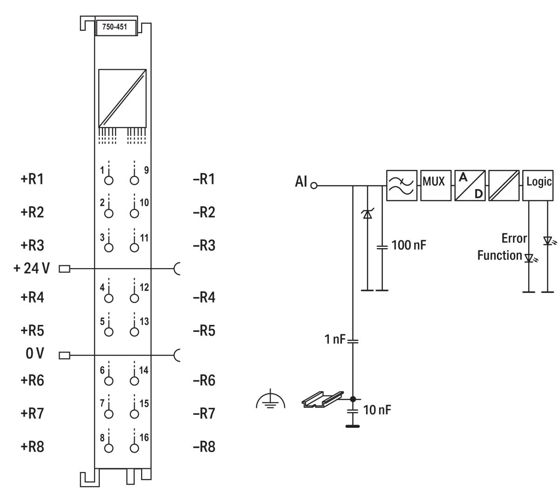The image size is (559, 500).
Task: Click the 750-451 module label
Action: (x=115, y=27)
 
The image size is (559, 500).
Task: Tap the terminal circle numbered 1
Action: (x=109, y=181)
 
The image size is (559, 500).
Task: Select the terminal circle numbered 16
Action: (x=135, y=448)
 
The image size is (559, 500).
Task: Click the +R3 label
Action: (x=32, y=245)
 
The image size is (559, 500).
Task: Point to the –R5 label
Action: (x=204, y=331)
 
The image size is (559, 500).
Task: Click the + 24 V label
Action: (x=31, y=269)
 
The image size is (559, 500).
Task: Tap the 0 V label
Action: (x=35, y=354)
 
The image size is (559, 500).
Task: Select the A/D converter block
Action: (x=470, y=185)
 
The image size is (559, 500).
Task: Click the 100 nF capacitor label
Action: (x=409, y=245)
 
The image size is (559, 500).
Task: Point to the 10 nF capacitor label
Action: (x=376, y=410)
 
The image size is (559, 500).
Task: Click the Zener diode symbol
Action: (x=367, y=215)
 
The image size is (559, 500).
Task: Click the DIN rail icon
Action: (x=322, y=399)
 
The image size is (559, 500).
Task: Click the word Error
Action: (x=514, y=238)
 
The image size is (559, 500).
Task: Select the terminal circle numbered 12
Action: (x=135, y=298)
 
